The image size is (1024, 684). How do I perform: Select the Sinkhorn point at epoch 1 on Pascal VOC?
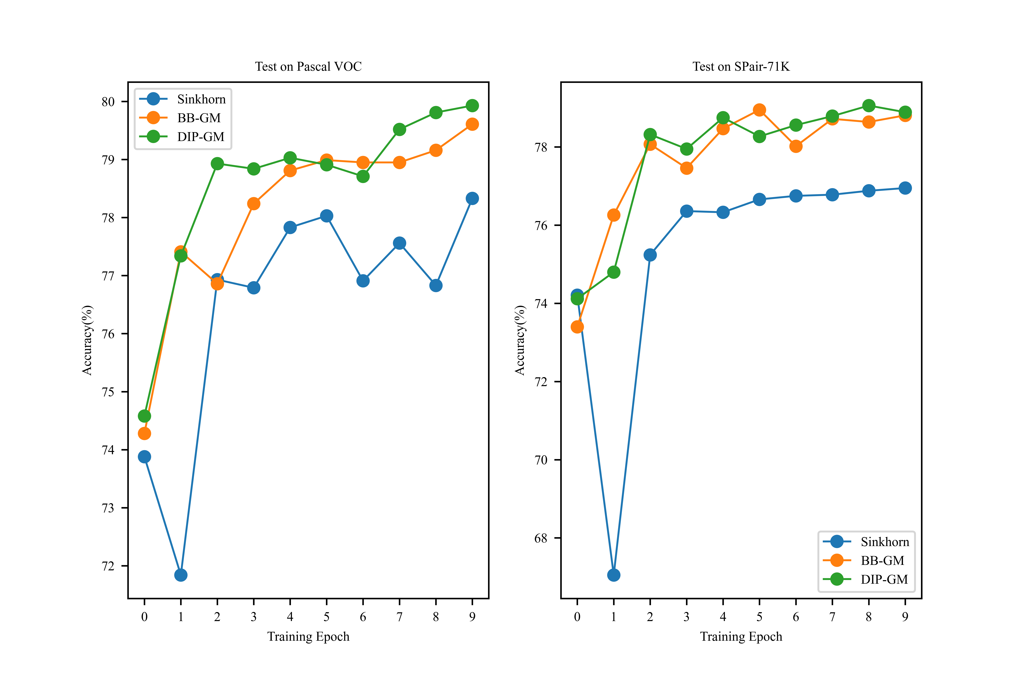click(181, 575)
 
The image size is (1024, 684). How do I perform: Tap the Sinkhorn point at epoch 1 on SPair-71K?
click(614, 575)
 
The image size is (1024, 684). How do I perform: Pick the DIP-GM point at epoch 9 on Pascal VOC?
click(472, 106)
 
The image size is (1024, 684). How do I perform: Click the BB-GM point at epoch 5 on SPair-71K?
click(759, 110)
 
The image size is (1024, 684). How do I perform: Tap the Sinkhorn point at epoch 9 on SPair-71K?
click(905, 188)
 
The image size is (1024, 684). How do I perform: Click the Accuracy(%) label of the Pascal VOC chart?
click(87, 340)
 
